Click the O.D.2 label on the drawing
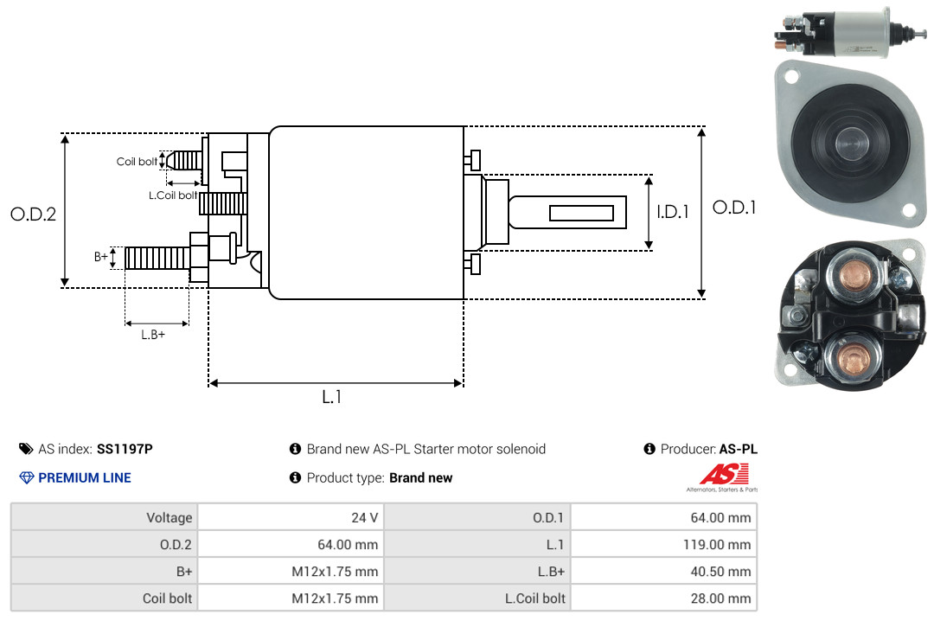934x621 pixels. tap(34, 214)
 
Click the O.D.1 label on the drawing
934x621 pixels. tap(734, 208)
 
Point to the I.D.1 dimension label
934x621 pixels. tap(673, 212)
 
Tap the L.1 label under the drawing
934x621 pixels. tap(332, 397)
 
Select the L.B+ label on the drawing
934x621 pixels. tap(153, 335)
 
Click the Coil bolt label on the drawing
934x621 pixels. tap(137, 162)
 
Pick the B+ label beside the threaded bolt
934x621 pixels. tap(101, 257)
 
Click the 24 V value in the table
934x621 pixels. tap(365, 517)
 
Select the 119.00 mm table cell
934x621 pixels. tap(717, 545)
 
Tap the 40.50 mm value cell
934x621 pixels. tap(720, 572)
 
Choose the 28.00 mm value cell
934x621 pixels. tap(720, 599)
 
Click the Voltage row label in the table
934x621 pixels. tap(170, 518)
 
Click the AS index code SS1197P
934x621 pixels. tap(125, 449)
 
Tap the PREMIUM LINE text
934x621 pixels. tap(85, 478)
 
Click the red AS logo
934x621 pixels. tap(724, 474)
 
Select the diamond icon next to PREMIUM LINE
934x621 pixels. tap(27, 478)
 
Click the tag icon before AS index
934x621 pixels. tap(26, 449)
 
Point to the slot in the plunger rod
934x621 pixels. tap(581, 213)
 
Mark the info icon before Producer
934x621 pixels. tap(649, 449)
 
